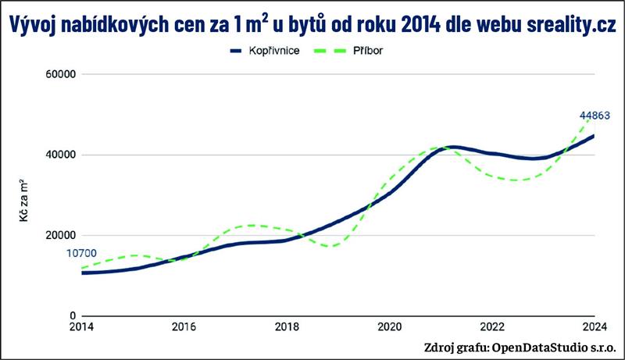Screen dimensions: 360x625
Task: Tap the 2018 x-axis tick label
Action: pyautogui.click(x=287, y=327)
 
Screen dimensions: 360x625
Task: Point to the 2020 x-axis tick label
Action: pyautogui.click(x=389, y=327)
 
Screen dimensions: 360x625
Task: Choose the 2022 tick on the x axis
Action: pyautogui.click(x=491, y=327)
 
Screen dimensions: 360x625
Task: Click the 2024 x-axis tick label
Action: pyautogui.click(x=594, y=327)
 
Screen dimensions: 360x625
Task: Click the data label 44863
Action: pyautogui.click(x=594, y=116)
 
